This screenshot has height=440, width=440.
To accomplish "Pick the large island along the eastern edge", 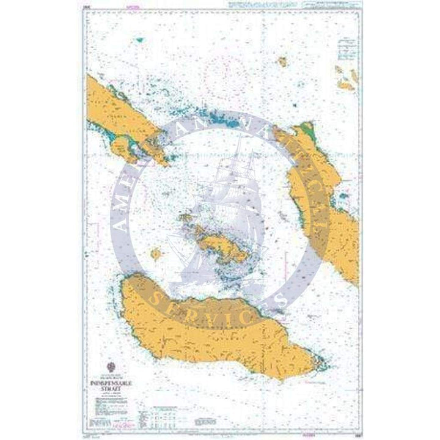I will click(324, 189).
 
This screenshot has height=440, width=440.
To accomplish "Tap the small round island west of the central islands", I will click(156, 252).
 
